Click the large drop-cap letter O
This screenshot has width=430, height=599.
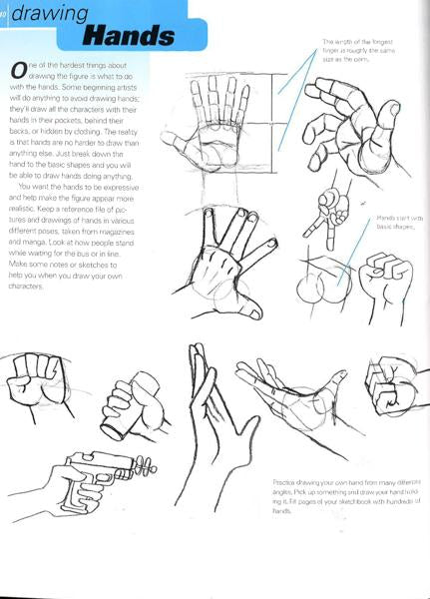tap(17, 71)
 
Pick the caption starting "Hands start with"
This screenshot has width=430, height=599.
tap(399, 222)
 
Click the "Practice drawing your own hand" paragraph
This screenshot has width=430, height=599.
tap(339, 495)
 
